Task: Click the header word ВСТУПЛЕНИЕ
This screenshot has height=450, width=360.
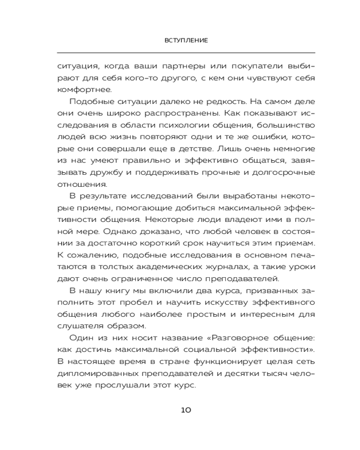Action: click(186, 40)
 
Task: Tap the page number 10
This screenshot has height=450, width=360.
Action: click(186, 410)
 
